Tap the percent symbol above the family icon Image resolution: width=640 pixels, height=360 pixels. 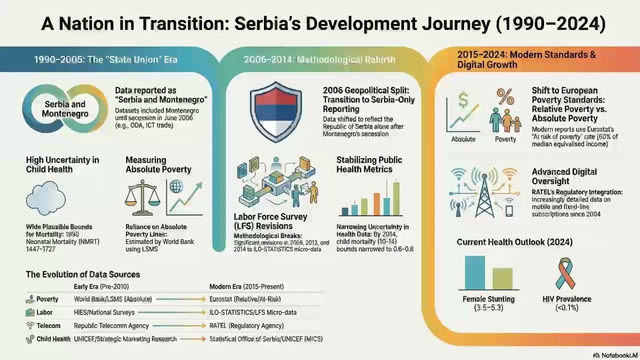(x=505, y=95)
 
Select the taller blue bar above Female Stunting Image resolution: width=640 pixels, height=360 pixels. (x=474, y=273)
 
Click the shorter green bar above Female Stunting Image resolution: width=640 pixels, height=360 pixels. (x=502, y=279)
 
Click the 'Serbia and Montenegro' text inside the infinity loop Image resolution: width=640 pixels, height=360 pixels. (x=64, y=109)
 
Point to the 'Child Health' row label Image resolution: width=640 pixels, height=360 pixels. (x=53, y=339)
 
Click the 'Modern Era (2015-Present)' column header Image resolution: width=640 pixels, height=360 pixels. (x=246, y=286)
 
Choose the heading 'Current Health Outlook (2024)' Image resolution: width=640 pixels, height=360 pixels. (x=514, y=242)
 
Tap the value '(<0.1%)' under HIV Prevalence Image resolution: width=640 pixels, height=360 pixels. (x=566, y=308)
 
